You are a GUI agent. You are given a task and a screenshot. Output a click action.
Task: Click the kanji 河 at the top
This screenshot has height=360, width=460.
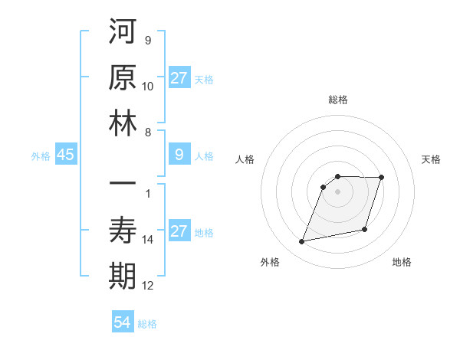click(123, 34)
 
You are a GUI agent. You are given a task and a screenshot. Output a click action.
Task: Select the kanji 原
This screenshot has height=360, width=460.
click(123, 78)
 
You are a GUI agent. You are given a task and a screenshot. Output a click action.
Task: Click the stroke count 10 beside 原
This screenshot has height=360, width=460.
click(148, 86)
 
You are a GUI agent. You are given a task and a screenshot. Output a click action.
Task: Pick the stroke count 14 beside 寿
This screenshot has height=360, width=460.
click(148, 240)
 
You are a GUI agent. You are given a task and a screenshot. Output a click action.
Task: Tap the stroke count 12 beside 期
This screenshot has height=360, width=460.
click(148, 286)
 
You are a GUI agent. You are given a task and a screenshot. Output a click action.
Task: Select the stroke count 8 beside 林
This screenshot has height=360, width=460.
click(148, 132)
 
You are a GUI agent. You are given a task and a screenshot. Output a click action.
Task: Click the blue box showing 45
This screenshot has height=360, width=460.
click(65, 155)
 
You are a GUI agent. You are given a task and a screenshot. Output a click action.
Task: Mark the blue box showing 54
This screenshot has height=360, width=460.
click(123, 322)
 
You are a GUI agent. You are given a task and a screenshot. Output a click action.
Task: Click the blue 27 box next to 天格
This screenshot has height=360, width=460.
click(179, 78)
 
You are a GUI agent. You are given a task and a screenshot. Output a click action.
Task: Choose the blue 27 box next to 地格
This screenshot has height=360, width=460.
click(179, 231)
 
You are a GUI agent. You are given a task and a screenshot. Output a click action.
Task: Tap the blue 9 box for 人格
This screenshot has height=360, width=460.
click(179, 155)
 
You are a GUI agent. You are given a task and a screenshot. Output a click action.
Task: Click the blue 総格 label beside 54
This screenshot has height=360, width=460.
click(147, 324)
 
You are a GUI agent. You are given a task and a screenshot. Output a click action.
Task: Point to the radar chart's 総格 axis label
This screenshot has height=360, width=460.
click(338, 100)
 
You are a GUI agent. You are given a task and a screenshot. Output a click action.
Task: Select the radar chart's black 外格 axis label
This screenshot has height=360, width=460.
click(270, 263)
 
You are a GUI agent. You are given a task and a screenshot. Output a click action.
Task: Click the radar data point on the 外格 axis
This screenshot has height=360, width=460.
click(302, 242)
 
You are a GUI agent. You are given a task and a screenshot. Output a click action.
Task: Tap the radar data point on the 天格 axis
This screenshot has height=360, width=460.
click(381, 178)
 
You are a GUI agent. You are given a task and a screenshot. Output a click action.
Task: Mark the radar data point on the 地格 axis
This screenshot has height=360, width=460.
click(365, 229)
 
